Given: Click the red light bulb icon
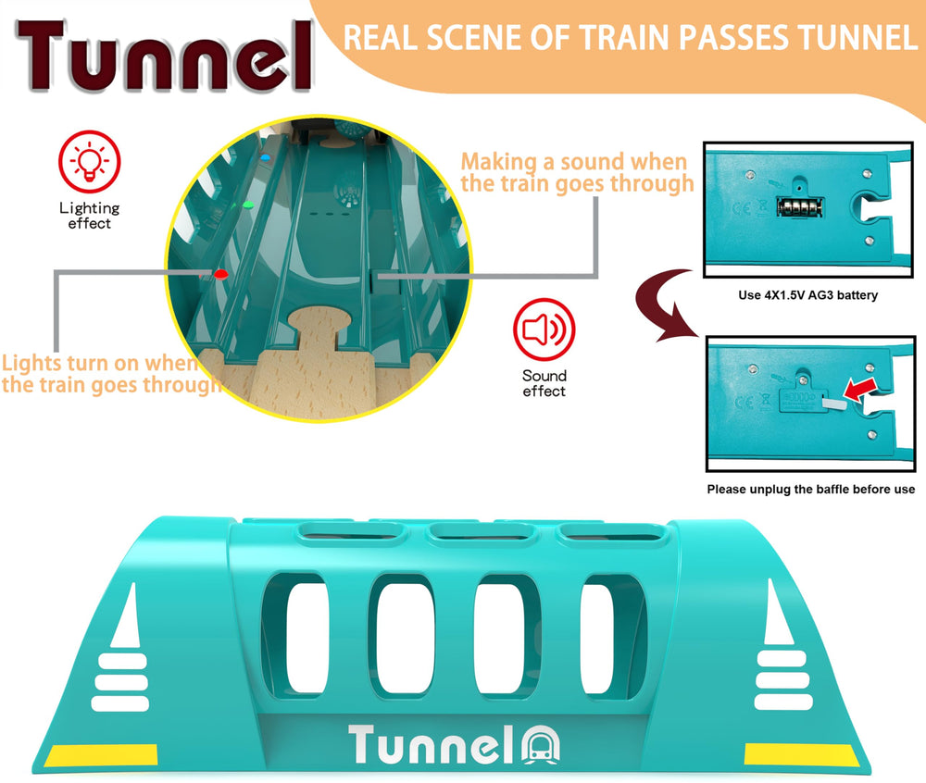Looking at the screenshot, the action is [90, 162].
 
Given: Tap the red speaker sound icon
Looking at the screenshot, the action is [544, 329].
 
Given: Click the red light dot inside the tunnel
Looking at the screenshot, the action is [221, 274].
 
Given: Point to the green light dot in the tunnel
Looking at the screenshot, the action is [248, 205].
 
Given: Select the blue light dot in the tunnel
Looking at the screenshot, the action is [265, 157].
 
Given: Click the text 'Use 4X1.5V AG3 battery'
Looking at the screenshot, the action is [807, 295].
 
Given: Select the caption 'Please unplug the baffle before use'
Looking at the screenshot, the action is [811, 490].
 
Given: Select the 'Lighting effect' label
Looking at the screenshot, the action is [89, 216].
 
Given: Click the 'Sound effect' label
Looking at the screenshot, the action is [544, 383].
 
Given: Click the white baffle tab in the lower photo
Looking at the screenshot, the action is [834, 403].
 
